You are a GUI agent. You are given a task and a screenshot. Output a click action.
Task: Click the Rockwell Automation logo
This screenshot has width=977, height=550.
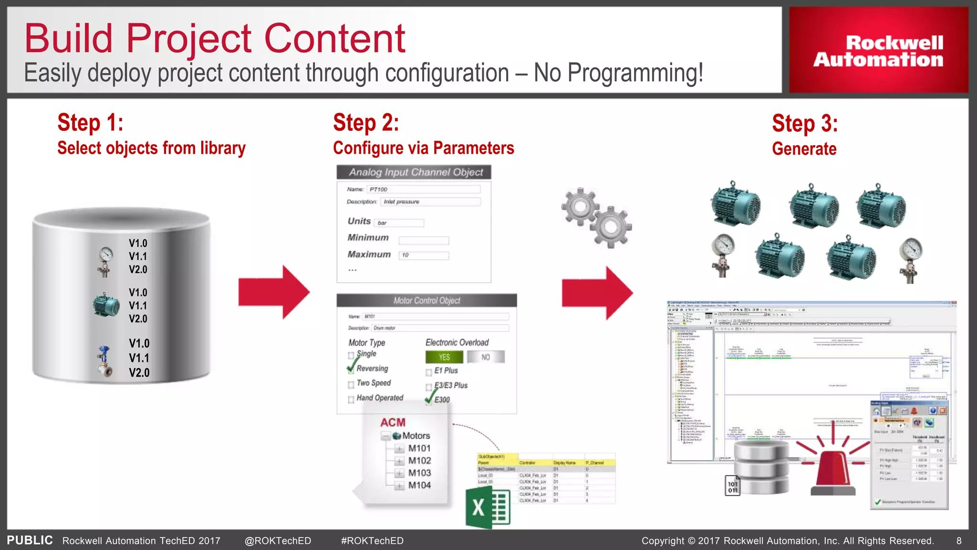878,51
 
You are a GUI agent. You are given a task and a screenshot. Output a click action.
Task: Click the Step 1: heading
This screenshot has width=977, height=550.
91,123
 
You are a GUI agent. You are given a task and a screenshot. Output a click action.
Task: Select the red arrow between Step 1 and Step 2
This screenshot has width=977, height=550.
274,292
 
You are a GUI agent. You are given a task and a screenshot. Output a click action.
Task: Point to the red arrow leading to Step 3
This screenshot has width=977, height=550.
597,293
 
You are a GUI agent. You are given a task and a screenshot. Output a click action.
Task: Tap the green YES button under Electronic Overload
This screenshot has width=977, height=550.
444,357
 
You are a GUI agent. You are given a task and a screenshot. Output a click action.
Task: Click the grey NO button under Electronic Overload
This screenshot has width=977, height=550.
486,357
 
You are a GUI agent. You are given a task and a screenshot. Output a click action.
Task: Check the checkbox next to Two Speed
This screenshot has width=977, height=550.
351,385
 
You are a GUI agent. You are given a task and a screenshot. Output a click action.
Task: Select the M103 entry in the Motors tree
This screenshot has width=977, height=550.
419,473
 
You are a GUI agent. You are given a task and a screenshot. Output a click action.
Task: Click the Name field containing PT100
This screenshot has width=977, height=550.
424,190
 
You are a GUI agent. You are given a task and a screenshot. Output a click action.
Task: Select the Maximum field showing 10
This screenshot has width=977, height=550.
424,255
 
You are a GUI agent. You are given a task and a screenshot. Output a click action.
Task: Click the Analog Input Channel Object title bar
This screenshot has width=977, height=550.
414,172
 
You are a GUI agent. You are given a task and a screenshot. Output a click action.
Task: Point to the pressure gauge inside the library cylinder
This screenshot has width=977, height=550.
105,260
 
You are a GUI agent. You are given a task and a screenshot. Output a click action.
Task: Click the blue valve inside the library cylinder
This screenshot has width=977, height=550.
104,361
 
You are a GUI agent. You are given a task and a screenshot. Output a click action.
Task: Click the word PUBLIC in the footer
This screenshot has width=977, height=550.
30,540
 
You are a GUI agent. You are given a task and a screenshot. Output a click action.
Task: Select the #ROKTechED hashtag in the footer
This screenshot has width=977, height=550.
372,541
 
